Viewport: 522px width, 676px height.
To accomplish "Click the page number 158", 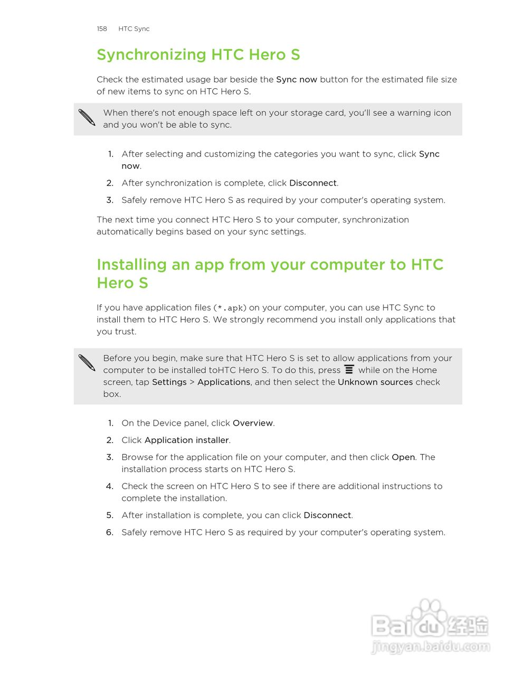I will (102, 29).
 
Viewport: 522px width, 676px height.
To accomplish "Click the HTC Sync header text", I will (134, 29).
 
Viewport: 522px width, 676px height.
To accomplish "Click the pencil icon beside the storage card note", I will (87, 117).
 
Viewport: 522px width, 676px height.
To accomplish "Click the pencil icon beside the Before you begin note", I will (87, 362).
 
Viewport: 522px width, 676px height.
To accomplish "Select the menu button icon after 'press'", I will (349, 370).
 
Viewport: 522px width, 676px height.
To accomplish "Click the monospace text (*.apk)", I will (230, 308).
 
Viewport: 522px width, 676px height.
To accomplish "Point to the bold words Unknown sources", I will (375, 382).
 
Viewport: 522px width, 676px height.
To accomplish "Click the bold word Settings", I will (169, 382).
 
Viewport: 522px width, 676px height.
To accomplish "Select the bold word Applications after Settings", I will (224, 382).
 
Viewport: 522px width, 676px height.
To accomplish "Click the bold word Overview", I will (253, 423).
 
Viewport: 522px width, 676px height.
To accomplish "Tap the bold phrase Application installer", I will (186, 440).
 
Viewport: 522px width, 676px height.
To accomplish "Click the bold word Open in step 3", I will (403, 457).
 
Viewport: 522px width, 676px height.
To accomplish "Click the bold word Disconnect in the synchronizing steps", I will (312, 183).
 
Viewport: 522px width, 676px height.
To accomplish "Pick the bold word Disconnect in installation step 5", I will (327, 515).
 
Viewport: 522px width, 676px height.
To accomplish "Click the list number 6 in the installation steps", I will (110, 532).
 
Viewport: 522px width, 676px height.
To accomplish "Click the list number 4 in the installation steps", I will (110, 486).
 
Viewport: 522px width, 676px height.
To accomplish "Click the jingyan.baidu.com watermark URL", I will (430, 647).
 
